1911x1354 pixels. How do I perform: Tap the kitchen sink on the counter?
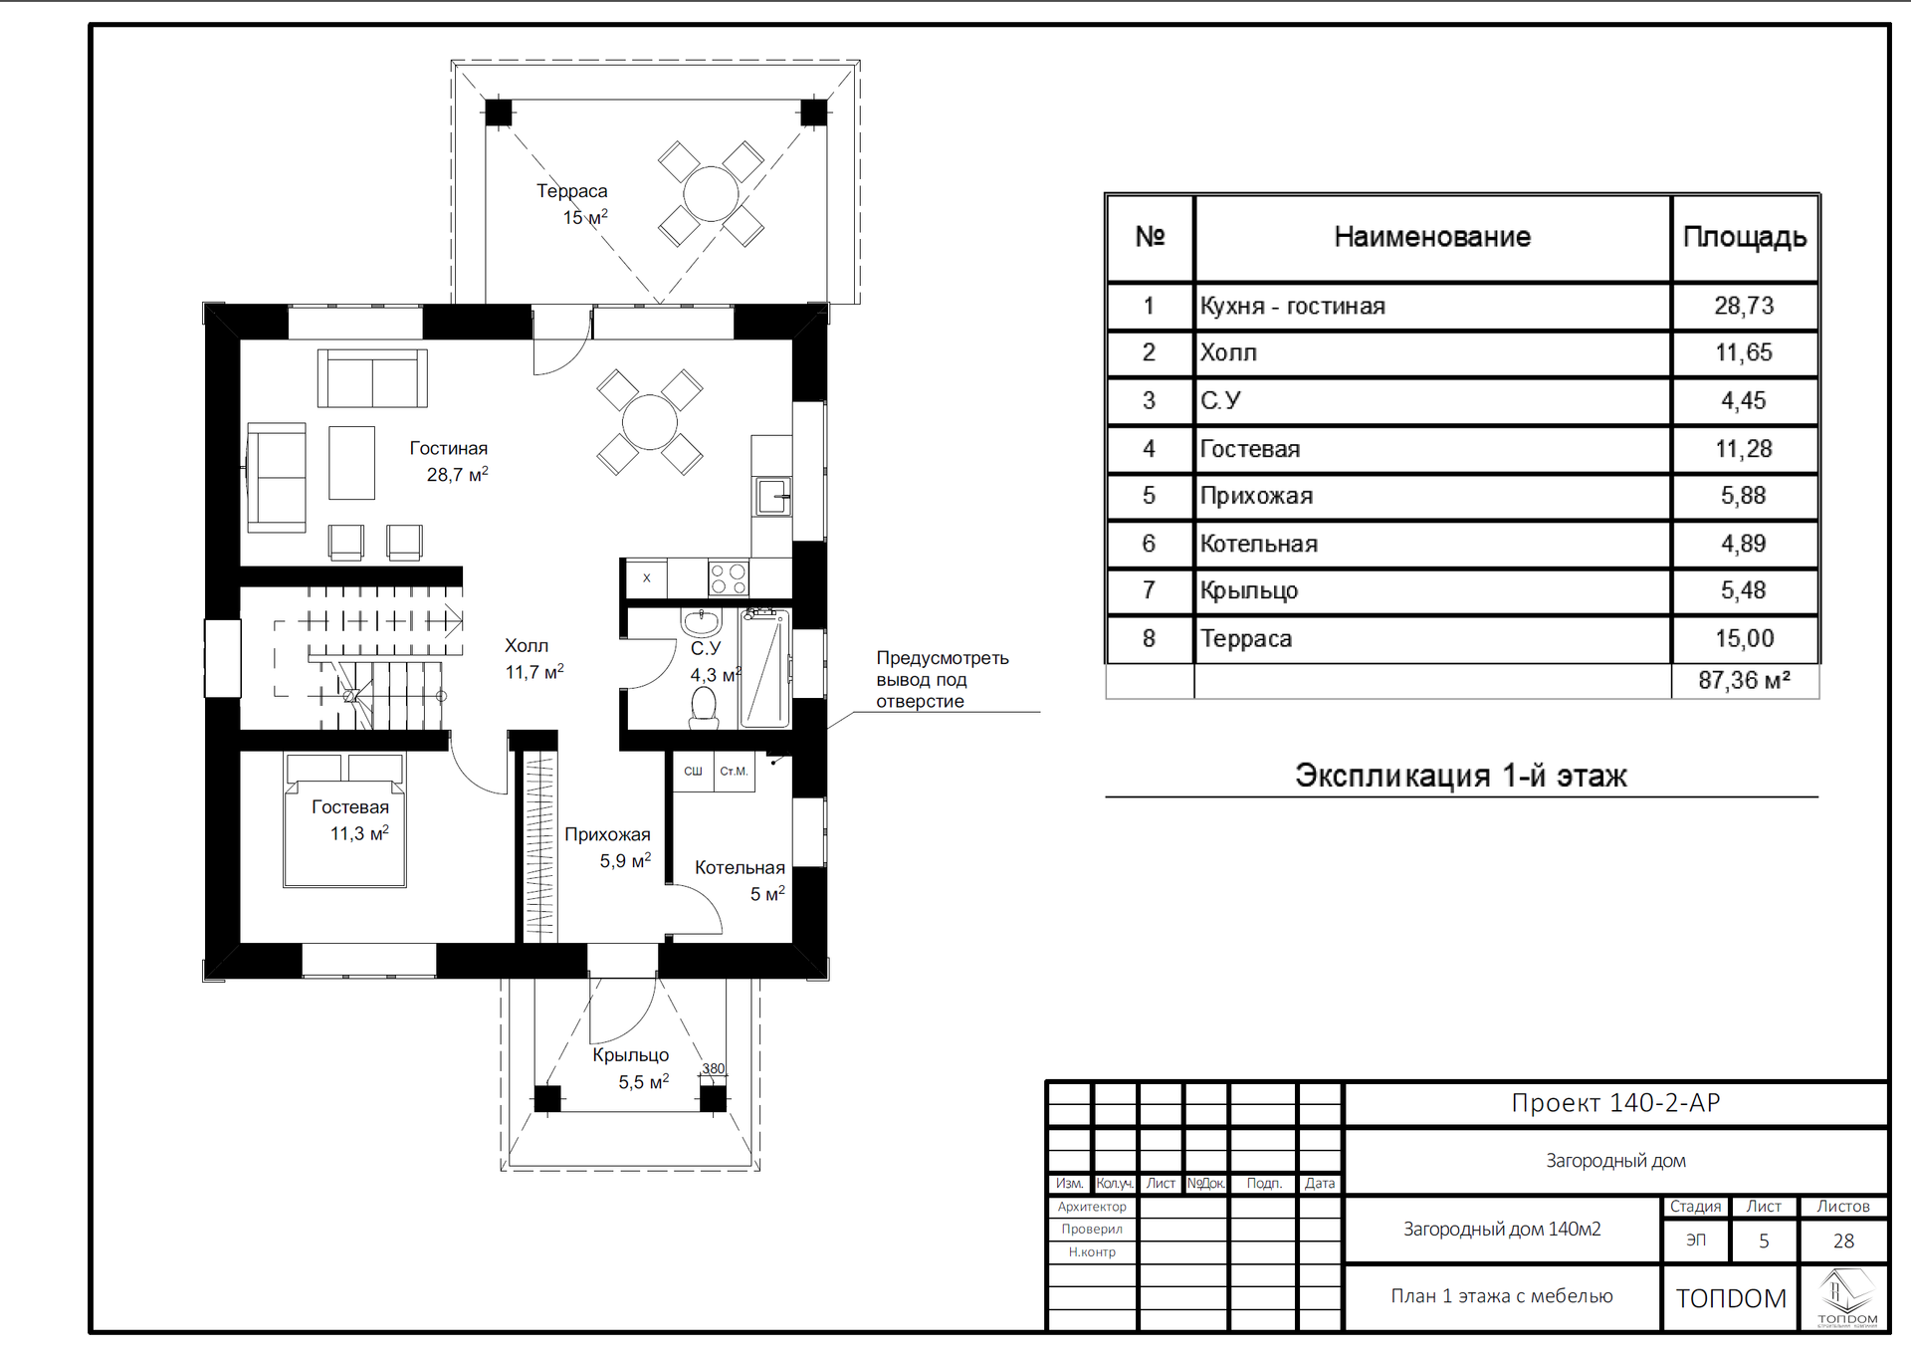(772, 495)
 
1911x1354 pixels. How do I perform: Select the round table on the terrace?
(711, 193)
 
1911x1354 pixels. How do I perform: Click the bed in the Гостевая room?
(344, 820)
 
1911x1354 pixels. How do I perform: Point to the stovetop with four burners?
(728, 578)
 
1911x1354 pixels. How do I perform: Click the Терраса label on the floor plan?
(571, 191)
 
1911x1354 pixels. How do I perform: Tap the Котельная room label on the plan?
(740, 868)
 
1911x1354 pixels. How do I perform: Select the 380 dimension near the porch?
(714, 1068)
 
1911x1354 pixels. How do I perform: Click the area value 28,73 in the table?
(1744, 306)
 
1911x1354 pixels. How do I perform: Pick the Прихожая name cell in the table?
(1256, 496)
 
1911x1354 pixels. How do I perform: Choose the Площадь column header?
(1744, 237)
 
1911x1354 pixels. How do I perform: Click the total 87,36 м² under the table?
(1744, 681)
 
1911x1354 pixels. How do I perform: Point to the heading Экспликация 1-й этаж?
(1460, 776)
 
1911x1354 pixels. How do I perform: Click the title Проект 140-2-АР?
(1615, 1103)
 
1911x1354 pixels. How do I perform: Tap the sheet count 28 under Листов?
(1843, 1241)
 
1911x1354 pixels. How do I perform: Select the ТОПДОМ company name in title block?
(1731, 1298)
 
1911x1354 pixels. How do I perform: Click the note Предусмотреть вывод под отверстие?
(942, 679)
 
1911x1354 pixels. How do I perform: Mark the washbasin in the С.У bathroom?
(701, 622)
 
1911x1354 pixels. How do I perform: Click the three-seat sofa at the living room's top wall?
(372, 378)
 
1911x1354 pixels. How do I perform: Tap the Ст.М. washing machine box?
(734, 772)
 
